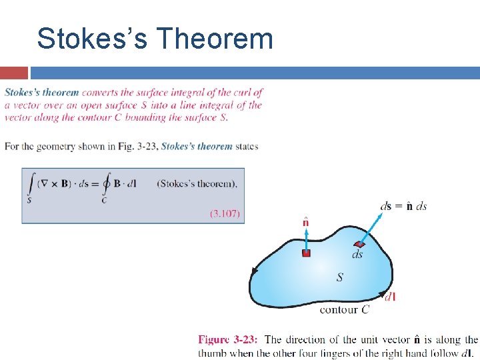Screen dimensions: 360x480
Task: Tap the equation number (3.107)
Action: point(225,213)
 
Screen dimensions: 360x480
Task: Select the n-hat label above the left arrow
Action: point(305,221)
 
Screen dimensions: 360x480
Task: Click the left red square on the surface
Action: point(306,253)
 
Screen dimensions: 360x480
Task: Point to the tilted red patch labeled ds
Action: point(360,245)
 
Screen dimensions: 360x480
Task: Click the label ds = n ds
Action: point(403,206)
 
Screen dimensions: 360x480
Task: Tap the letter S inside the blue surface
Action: point(340,277)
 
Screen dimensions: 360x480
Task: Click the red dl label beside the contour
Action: point(390,296)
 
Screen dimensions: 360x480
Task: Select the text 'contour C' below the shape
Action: point(345,309)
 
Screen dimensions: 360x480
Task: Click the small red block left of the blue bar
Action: point(14,73)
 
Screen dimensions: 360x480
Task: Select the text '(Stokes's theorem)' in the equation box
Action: point(197,183)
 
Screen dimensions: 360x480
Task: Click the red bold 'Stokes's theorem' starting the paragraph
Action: point(41,93)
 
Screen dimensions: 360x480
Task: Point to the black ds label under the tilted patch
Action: point(357,255)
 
